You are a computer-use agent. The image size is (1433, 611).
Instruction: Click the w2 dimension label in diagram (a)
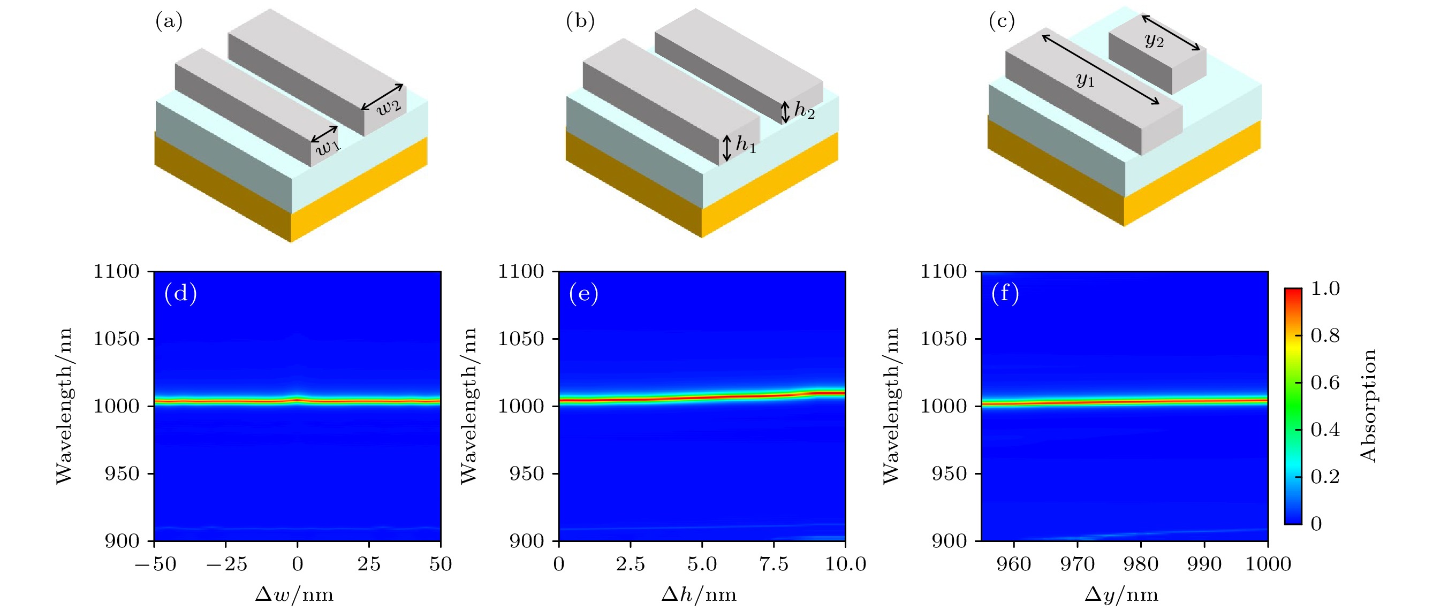click(388, 106)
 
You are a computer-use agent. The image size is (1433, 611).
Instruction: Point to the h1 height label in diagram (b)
click(746, 144)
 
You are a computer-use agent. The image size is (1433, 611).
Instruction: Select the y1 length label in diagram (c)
click(1085, 81)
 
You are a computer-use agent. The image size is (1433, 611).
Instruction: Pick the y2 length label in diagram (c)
click(1154, 40)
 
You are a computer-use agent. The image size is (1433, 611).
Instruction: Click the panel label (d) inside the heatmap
click(180, 293)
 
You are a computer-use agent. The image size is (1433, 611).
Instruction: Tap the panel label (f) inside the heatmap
click(1005, 293)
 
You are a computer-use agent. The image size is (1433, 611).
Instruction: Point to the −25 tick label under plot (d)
click(226, 564)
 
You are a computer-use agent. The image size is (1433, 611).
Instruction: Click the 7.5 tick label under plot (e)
click(774, 564)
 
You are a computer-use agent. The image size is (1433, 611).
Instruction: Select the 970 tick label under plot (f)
click(1078, 564)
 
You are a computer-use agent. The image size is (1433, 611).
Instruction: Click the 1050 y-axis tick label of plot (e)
click(521, 339)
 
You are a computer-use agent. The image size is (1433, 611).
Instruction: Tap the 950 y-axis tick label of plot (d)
click(122, 473)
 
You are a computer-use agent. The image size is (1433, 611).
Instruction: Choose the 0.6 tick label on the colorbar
click(1325, 383)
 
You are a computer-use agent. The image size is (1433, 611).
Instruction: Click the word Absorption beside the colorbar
click(1368, 406)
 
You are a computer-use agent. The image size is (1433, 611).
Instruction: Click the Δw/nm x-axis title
click(294, 595)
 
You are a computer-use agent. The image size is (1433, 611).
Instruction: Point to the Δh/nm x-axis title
click(699, 595)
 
